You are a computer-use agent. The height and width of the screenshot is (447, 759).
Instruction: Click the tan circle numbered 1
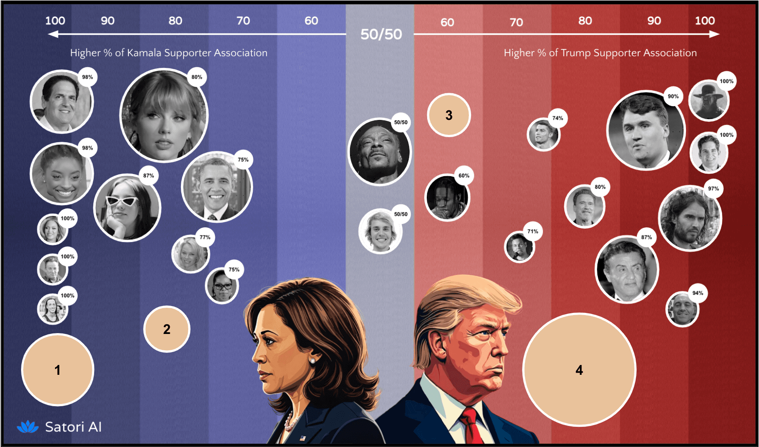pos(57,370)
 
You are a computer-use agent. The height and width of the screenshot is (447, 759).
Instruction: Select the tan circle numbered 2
pos(167,329)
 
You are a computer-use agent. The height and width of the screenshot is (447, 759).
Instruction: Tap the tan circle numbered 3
pos(449,115)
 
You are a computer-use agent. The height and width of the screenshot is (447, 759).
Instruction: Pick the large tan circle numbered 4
pos(579,370)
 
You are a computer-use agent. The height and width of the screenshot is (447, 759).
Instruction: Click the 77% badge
pos(205,237)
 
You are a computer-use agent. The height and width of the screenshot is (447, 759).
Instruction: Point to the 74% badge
pos(557,118)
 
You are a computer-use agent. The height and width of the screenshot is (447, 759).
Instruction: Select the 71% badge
pos(533,231)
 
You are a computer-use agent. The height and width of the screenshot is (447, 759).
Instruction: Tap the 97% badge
pos(713,189)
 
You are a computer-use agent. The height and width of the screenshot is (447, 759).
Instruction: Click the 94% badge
pos(698,293)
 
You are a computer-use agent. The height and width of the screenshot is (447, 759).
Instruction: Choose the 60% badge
pos(464,175)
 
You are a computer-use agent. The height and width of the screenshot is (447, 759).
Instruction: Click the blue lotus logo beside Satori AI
pos(28,426)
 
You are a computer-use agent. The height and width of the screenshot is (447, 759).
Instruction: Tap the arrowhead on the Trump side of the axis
pos(715,34)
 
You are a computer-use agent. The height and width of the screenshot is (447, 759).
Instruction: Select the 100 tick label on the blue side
pos(55,21)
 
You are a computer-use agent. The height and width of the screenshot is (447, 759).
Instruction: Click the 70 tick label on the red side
pos(516,22)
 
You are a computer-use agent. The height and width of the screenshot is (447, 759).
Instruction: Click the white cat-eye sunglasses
pos(122,201)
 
